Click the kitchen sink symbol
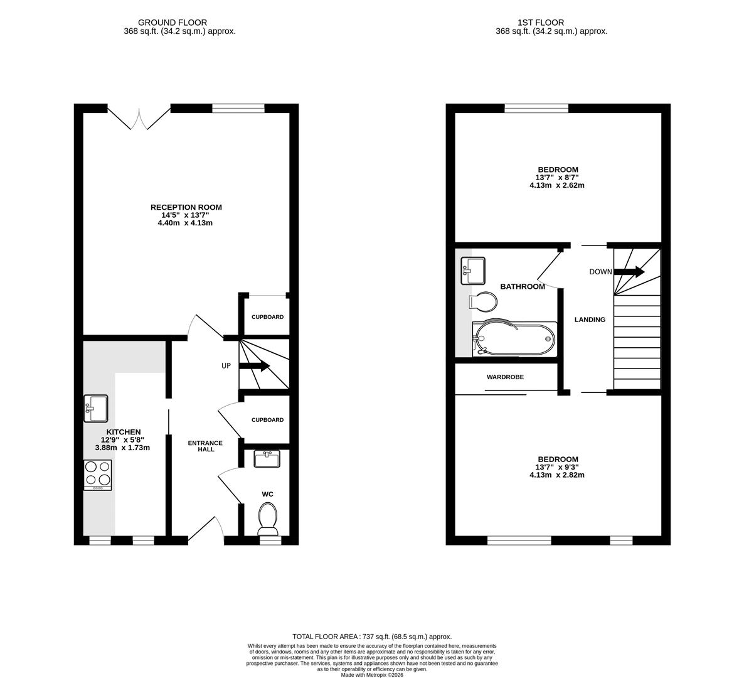[x=96, y=408]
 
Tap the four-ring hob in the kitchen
[x=98, y=475]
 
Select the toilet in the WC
[x=268, y=519]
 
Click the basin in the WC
[x=267, y=459]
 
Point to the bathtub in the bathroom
[x=515, y=339]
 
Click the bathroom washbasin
[x=473, y=271]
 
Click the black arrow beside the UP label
[x=254, y=366]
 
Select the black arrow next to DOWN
[x=629, y=272]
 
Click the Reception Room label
[x=186, y=207]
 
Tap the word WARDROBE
[x=506, y=377]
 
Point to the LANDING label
[x=590, y=320]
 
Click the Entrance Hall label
[x=205, y=446]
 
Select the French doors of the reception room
[x=139, y=119]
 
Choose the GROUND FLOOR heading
[x=173, y=23]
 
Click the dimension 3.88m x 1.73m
[x=122, y=448]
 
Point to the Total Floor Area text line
[x=372, y=637]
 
